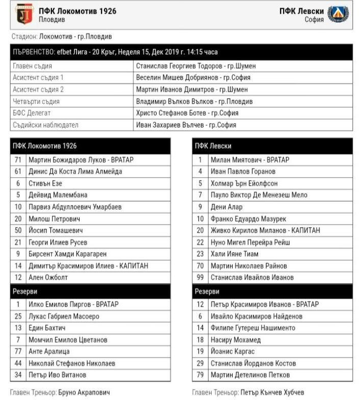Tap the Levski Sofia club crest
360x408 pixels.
(x=338, y=14)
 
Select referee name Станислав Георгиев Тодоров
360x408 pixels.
(x=196, y=66)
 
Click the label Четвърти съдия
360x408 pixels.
(x=36, y=101)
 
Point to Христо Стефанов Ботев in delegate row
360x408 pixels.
(x=187, y=113)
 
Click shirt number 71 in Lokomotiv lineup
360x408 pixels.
(x=18, y=160)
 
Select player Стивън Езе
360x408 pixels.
(x=46, y=183)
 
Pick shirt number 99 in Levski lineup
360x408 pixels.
(x=200, y=277)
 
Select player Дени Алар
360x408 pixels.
(x=227, y=207)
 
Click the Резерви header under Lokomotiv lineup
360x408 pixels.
(x=25, y=291)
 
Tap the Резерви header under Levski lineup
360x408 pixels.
(x=208, y=291)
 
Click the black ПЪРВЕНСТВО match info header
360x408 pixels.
(x=181, y=52)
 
